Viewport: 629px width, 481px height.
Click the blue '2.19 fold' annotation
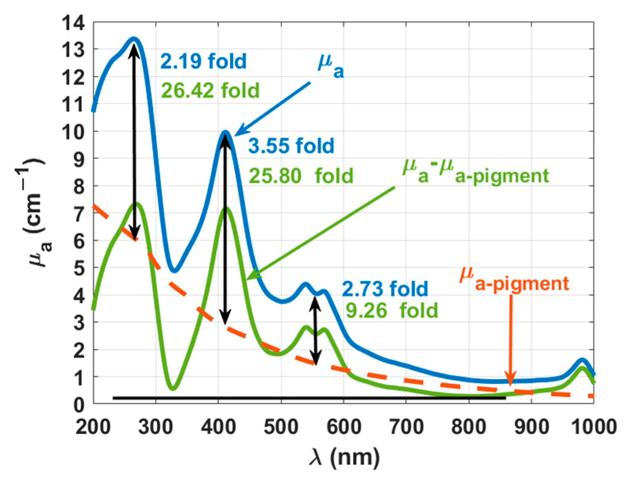pos(203,61)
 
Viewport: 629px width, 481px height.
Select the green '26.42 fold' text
pos(210,91)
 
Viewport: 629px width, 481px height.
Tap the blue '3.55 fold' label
pos(291,145)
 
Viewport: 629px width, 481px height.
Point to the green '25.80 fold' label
pos(301,176)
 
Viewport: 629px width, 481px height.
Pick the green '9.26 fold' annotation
pos(392,310)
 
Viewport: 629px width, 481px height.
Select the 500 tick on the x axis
pos(281,427)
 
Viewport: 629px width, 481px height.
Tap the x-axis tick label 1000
pos(593,427)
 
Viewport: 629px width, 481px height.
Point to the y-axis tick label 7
pos(79,214)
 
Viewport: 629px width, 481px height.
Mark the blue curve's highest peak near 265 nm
pos(134,39)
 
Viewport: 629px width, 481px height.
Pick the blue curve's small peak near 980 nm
pos(581,360)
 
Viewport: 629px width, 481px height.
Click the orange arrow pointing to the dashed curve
pos(510,341)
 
